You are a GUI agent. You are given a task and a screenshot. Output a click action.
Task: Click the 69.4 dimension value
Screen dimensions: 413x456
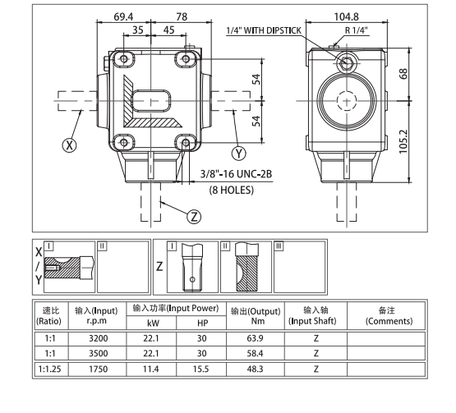click(x=123, y=16)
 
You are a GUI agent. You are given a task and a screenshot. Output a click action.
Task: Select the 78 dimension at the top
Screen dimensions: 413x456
click(x=182, y=16)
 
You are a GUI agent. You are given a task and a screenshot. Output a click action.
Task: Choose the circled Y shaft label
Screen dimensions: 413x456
click(x=239, y=153)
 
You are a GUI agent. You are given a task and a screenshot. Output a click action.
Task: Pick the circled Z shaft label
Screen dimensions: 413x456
click(x=194, y=217)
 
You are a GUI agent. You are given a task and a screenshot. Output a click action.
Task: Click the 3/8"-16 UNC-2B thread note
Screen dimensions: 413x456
click(x=238, y=174)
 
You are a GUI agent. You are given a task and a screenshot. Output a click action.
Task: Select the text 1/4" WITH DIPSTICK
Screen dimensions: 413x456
click(x=265, y=30)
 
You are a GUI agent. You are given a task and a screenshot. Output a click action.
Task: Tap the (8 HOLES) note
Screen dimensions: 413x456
click(x=231, y=190)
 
